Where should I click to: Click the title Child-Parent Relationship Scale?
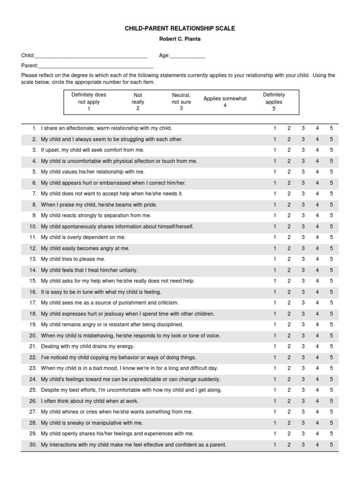pos(180,29)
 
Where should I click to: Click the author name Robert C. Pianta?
pos(180,39)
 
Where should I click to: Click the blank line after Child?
pos(91,56)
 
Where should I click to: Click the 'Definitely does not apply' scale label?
pos(89,101)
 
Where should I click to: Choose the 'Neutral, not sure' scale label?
pos(181,101)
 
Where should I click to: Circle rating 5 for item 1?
pos(331,128)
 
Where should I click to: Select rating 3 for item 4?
pos(303,161)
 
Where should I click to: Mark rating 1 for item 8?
pos(275,205)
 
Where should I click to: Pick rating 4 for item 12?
pos(317,248)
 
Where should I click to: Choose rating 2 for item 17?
pos(289,303)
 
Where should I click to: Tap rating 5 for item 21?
pos(331,346)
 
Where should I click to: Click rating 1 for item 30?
pos(275,444)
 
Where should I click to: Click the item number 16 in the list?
pos(33,292)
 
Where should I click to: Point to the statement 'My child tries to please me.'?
pos(73,259)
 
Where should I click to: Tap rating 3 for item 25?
pos(303,390)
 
